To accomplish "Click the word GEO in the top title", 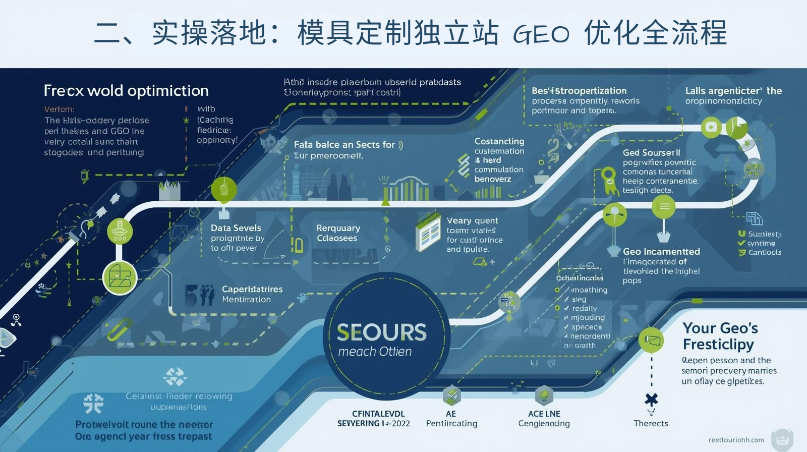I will [x=541, y=34].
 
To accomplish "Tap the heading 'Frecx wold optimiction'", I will [x=126, y=91].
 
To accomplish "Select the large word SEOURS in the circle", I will [x=381, y=332].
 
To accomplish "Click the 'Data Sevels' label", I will [x=236, y=228].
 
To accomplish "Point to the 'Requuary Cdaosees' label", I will [x=337, y=233].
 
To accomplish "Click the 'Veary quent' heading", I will [x=472, y=220].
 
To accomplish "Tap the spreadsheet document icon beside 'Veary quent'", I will [x=428, y=233].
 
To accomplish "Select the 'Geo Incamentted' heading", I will [x=661, y=251].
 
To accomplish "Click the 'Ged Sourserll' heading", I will [x=651, y=152].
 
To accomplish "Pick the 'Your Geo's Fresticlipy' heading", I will [x=720, y=336].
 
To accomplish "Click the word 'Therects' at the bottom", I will [x=651, y=423].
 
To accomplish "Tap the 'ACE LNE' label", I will [x=544, y=414].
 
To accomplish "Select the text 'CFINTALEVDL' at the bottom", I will [x=378, y=414].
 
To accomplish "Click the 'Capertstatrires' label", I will [x=252, y=289].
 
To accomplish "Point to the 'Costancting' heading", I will [x=499, y=141].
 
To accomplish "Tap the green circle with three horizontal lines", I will [x=664, y=206].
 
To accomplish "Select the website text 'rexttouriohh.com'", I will [x=736, y=440].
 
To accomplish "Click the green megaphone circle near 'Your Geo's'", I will [x=651, y=340].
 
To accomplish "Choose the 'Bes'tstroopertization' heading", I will [x=579, y=91].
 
